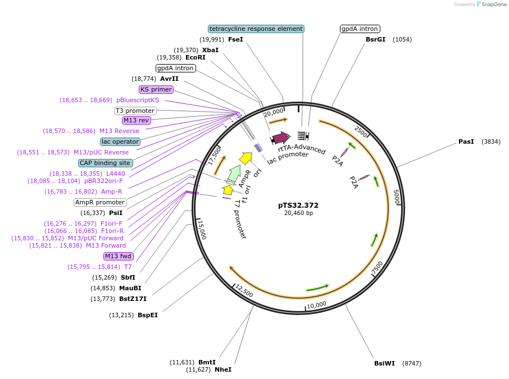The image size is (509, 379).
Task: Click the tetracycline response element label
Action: pos(256,29)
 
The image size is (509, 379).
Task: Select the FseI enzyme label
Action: pos(235,39)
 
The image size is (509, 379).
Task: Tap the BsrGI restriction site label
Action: pos(375,39)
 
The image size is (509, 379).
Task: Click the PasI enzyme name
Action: pos(466,142)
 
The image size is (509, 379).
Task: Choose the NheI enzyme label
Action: pos(223,369)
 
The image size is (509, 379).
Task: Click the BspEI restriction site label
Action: pos(148,315)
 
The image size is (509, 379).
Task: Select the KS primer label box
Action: pos(156,89)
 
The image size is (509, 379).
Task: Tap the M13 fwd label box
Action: pos(119,257)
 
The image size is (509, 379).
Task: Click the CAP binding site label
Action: pos(106,163)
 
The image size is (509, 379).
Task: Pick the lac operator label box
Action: pos(120,141)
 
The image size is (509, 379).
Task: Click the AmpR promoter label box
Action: pos(100,202)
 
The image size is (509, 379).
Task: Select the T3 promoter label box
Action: pos(135,111)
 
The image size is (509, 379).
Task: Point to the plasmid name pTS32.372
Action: pos(298,205)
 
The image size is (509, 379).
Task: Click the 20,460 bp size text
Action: pos(298,213)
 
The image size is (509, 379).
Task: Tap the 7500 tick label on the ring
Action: pos(377,268)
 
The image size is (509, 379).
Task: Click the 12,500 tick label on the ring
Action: pos(244,291)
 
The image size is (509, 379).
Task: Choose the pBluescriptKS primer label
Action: pos(138,100)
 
